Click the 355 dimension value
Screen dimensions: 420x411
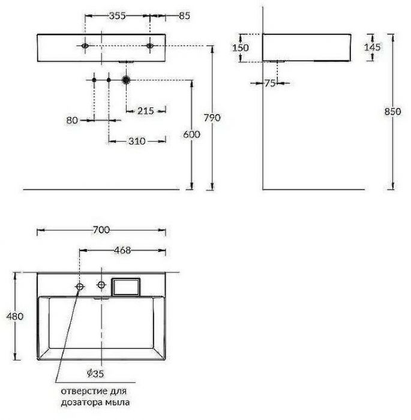point(117,16)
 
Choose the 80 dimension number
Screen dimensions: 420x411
point(72,120)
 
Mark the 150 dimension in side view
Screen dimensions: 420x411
point(240,47)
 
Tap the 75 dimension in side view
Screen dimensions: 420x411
point(269,83)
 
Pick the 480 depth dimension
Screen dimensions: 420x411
point(13,316)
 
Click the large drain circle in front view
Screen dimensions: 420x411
point(126,79)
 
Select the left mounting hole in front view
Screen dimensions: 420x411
point(85,46)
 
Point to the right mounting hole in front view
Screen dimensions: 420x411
point(149,46)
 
